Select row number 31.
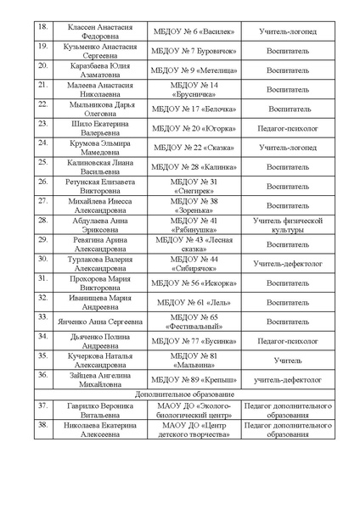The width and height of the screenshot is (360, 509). click(x=42, y=278)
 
